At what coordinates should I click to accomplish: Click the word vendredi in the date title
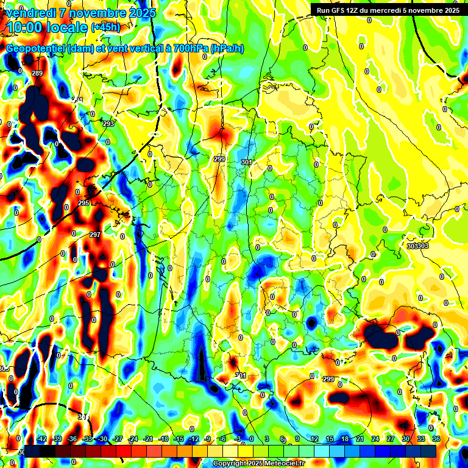click(30, 12)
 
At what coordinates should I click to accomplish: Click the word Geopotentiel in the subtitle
click(36, 49)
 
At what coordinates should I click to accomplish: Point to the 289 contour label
click(37, 74)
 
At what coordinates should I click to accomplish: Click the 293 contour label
click(108, 124)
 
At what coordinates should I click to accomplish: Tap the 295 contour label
click(83, 203)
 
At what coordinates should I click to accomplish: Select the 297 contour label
click(95, 235)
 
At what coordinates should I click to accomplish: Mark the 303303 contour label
click(417, 246)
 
